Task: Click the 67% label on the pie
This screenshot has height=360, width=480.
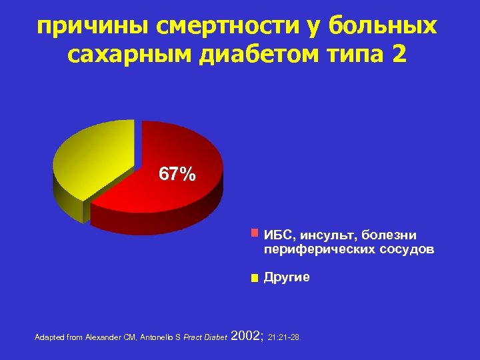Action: click(177, 175)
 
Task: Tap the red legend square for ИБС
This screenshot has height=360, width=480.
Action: click(253, 234)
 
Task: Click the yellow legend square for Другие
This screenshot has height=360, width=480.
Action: click(253, 279)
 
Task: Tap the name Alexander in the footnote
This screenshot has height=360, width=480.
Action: click(103, 337)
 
